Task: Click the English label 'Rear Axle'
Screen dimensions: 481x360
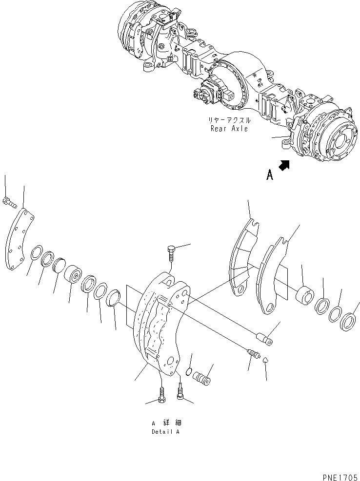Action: tap(229, 129)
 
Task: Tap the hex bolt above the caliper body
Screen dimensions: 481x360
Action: tap(170, 254)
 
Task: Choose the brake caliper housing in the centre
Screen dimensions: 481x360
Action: tap(159, 322)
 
